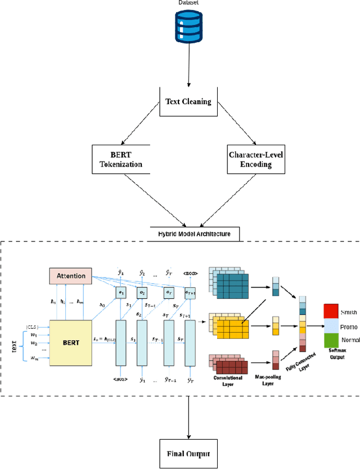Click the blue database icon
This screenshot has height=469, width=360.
pos(188,27)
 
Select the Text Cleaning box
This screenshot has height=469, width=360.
pos(188,102)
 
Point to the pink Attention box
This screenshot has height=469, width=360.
pos(71,276)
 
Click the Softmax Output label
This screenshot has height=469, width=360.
pos(337,355)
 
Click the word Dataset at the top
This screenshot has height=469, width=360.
pos(188,2)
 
